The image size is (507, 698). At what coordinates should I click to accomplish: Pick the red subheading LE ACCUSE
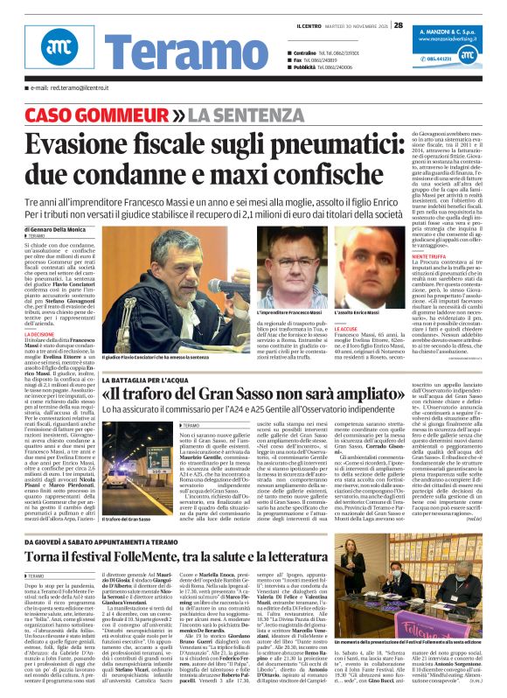pos(345,329)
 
